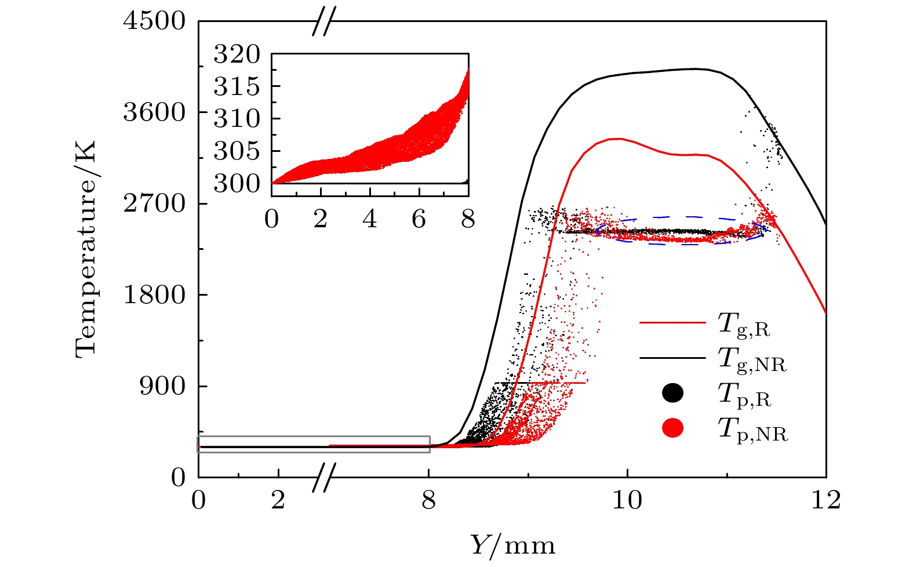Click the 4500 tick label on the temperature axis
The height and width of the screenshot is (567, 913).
[x=154, y=21]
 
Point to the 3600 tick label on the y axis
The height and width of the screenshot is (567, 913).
[x=154, y=112]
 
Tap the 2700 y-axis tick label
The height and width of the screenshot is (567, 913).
[x=154, y=203]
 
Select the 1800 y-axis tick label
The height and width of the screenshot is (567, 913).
[x=154, y=295]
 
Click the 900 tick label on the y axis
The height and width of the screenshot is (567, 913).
[x=162, y=386]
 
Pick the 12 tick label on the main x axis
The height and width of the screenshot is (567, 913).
[x=825, y=500]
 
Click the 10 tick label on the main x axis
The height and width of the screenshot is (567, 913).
[x=627, y=500]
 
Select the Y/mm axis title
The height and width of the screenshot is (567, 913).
[x=512, y=546]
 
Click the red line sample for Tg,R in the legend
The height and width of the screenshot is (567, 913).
[x=672, y=322]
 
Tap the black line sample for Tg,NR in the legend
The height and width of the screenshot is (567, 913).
[x=672, y=358]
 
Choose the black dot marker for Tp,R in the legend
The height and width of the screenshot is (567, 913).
[x=672, y=393]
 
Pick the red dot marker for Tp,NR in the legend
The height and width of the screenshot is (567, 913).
[x=672, y=428]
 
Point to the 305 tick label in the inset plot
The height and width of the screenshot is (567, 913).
[x=237, y=152]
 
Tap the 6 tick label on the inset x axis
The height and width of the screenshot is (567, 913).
[x=419, y=220]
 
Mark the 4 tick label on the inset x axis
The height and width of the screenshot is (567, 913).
[x=369, y=220]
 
